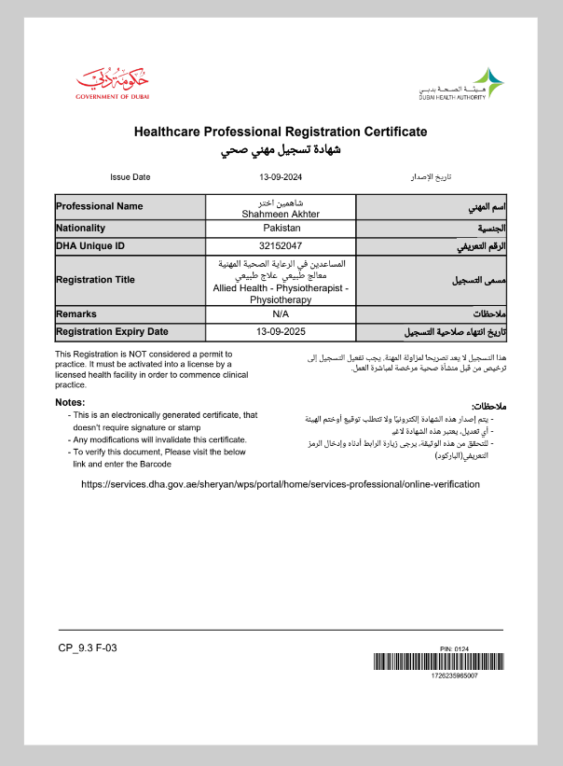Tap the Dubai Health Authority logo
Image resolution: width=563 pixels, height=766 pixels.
pyautogui.click(x=462, y=83)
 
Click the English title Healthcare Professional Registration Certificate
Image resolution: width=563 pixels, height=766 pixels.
pyautogui.click(x=281, y=132)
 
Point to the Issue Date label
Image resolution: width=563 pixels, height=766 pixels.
pyautogui.click(x=130, y=176)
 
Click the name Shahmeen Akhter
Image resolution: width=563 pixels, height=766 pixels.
pyautogui.click(x=281, y=214)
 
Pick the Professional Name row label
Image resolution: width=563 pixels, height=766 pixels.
pyautogui.click(x=99, y=206)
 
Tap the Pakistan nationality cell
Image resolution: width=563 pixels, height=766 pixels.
pyautogui.click(x=281, y=228)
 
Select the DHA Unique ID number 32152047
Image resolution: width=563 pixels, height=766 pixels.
pyautogui.click(x=281, y=246)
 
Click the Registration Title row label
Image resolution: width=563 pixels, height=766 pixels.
pyautogui.click(x=95, y=280)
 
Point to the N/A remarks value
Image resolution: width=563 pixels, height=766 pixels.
pyautogui.click(x=281, y=314)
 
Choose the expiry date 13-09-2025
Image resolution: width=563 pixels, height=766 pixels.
pyautogui.click(x=281, y=331)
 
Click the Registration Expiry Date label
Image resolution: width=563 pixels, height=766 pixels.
pyautogui.click(x=112, y=331)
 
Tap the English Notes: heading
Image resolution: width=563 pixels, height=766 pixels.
pyautogui.click(x=70, y=402)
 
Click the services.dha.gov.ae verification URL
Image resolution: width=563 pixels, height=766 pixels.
pyautogui.click(x=281, y=484)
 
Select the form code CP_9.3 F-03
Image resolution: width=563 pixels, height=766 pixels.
pyautogui.click(x=87, y=648)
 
